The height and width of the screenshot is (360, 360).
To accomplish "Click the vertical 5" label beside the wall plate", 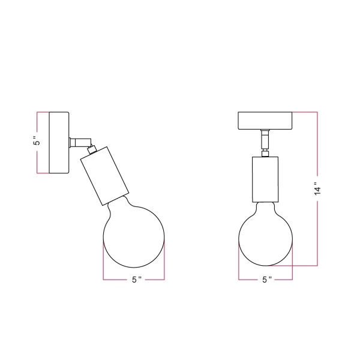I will pyautogui.click(x=37, y=142).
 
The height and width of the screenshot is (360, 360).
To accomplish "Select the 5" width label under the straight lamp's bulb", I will pyautogui.click(x=266, y=280).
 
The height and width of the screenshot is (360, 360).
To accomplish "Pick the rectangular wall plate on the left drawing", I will pyautogui.click(x=59, y=143).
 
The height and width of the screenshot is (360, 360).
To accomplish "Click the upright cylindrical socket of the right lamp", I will pyautogui.click(x=265, y=179).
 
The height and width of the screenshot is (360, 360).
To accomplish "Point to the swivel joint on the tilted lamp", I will pyautogui.click(x=89, y=144).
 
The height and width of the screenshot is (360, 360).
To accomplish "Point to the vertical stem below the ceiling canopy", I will pyautogui.click(x=265, y=141).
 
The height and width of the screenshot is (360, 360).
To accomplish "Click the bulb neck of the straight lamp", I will pyautogui.click(x=265, y=206).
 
